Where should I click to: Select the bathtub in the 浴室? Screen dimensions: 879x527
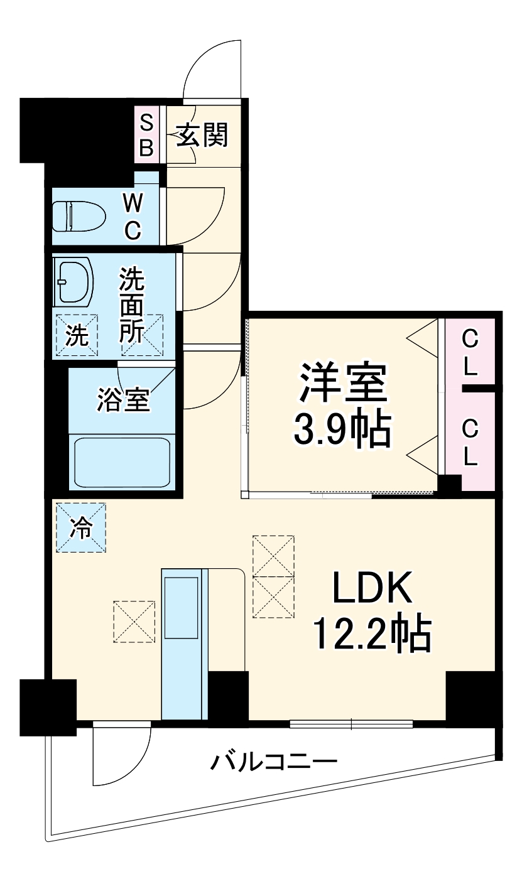click(x=122, y=462)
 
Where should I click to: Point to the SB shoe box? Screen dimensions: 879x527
click(x=146, y=134)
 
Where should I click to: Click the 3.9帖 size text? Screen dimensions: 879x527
click(x=342, y=429)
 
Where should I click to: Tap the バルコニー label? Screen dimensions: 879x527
click(x=273, y=763)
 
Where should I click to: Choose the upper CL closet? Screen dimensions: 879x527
click(x=470, y=353)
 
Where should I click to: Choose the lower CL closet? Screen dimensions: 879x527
click(x=470, y=442)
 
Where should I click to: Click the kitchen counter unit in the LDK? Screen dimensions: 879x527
click(x=184, y=644)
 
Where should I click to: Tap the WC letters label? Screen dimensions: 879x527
click(x=133, y=216)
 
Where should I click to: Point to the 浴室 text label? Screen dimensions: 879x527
click(x=123, y=400)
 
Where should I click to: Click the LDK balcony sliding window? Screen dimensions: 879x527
click(x=351, y=724)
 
